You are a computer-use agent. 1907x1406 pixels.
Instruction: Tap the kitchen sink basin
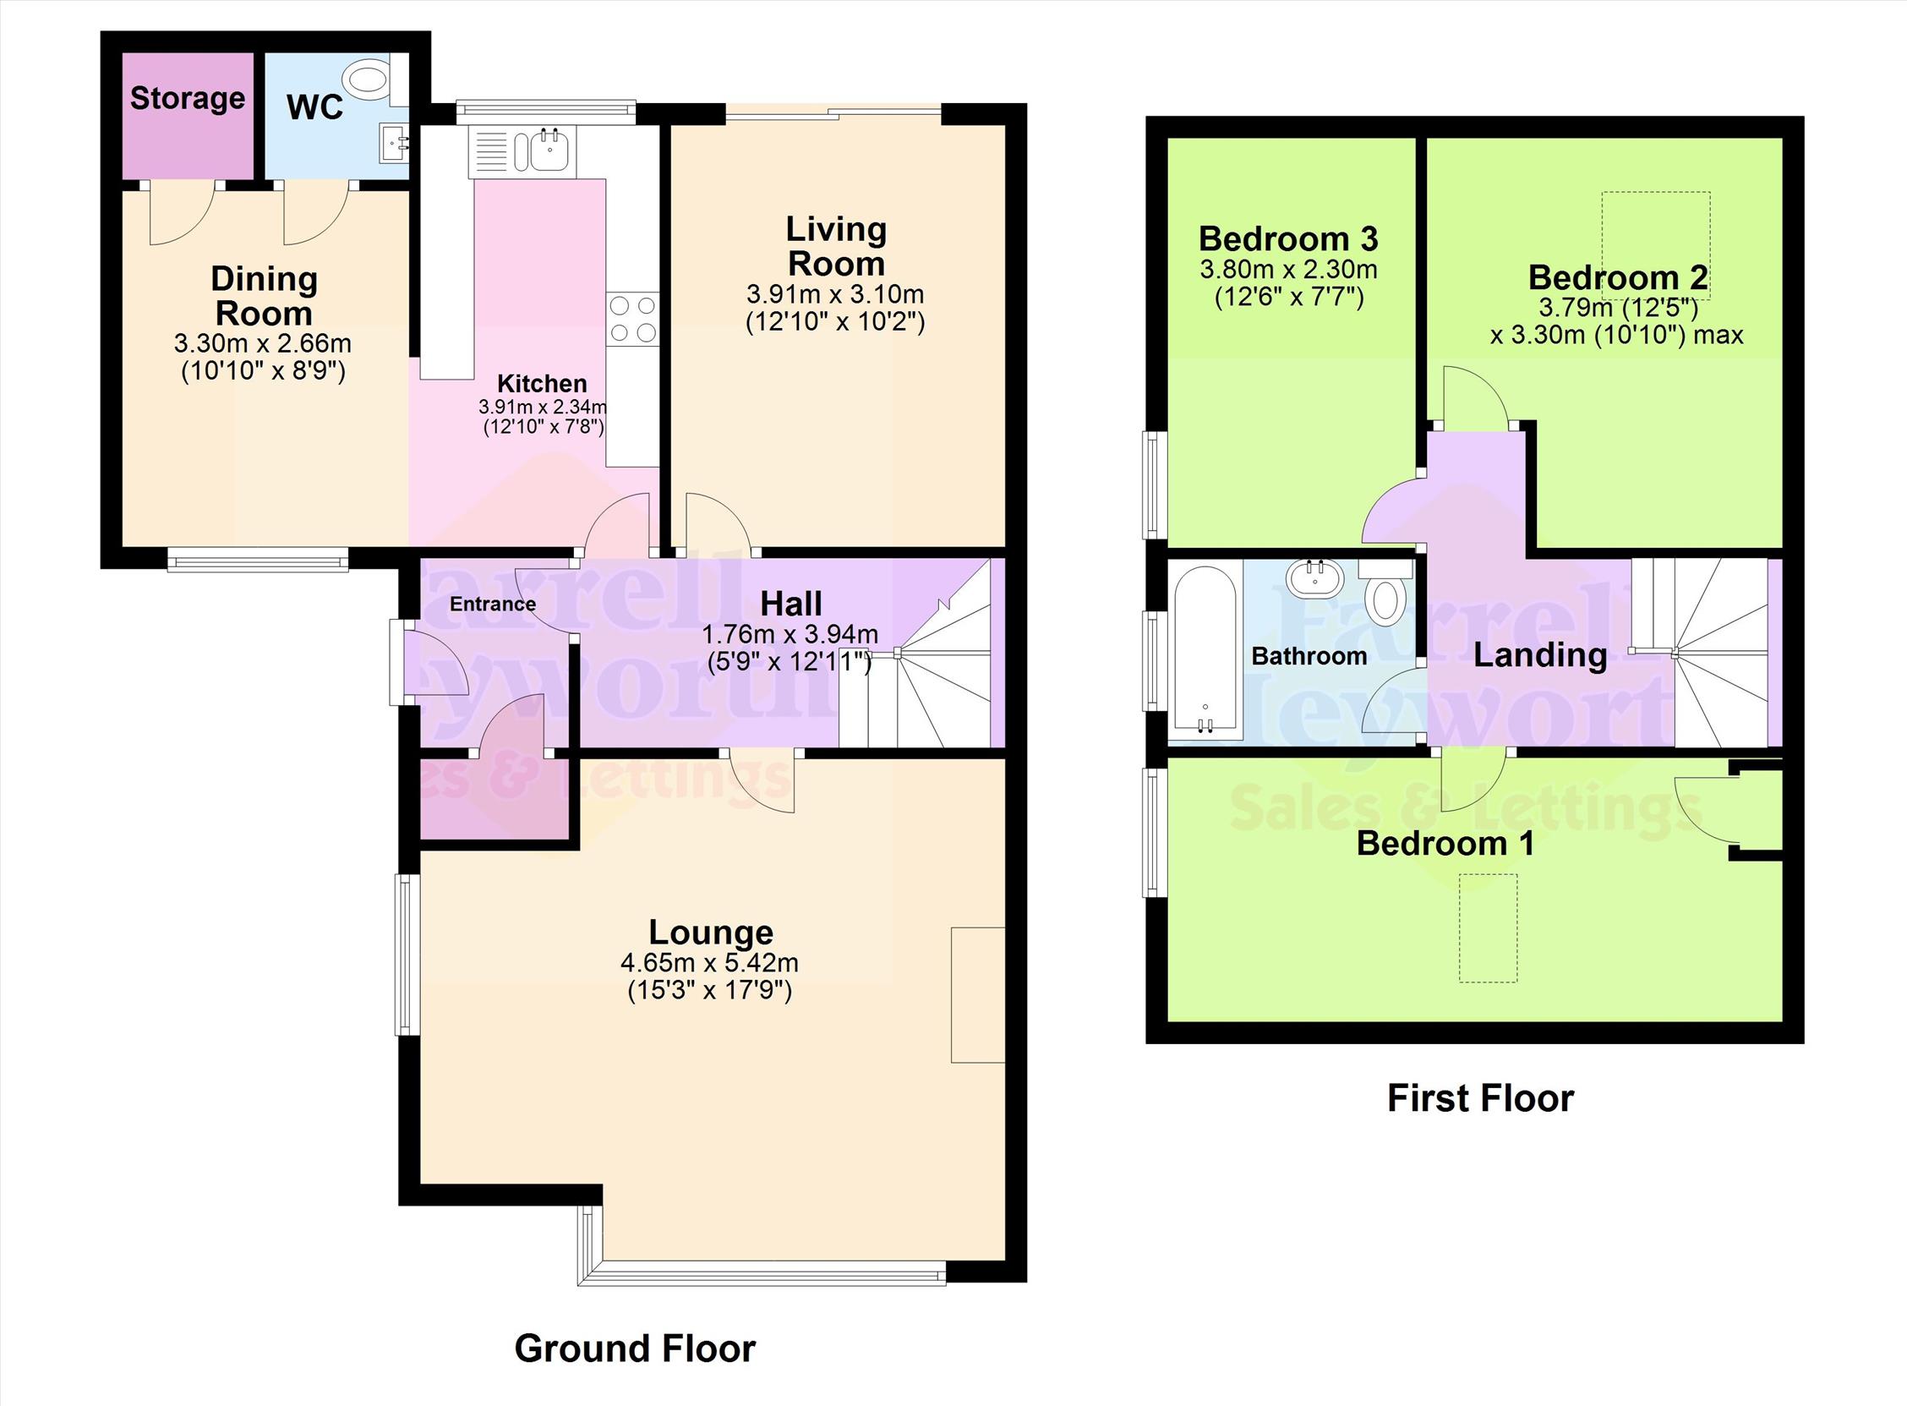[x=549, y=152]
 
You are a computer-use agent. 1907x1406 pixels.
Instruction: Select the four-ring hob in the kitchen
[x=632, y=319]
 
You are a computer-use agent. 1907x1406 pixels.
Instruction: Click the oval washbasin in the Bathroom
[x=1314, y=580]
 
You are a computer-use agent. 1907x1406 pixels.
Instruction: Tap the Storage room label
[x=187, y=99]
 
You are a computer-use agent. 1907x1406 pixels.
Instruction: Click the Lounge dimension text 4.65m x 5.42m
[x=709, y=964]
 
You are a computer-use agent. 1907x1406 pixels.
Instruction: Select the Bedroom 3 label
[x=1287, y=239]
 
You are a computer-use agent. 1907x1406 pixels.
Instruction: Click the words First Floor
[x=1480, y=1098]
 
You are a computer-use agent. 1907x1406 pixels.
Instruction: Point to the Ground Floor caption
[x=635, y=1349]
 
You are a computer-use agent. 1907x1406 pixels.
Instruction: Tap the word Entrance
[x=493, y=605]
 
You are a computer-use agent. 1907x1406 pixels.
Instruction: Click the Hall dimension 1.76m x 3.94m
[x=790, y=635]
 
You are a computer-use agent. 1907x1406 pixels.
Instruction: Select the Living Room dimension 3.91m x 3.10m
[x=835, y=295]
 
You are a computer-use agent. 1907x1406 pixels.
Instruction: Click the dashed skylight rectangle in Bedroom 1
[x=1489, y=927]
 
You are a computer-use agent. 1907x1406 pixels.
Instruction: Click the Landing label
[x=1540, y=655]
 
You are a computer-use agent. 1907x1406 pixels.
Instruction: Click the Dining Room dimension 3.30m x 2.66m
[x=263, y=344]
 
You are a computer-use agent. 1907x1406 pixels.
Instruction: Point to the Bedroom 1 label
[x=1445, y=844]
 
